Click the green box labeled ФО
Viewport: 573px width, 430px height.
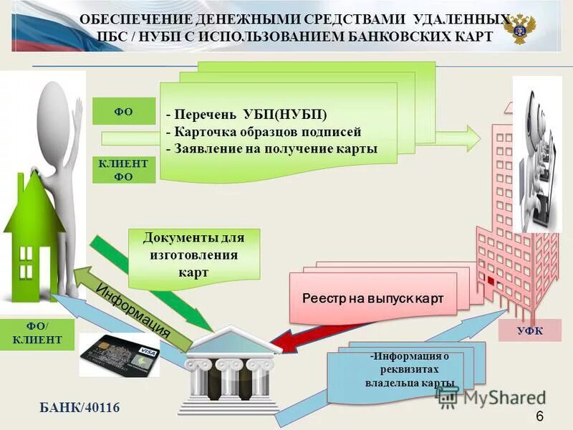(x=123, y=111)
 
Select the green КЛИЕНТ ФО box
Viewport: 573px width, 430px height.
(x=123, y=170)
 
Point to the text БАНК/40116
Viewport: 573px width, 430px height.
(x=79, y=408)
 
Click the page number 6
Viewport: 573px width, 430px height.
(x=539, y=417)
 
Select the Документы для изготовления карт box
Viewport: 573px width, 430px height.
(x=193, y=255)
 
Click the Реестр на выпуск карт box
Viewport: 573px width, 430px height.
(x=372, y=297)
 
